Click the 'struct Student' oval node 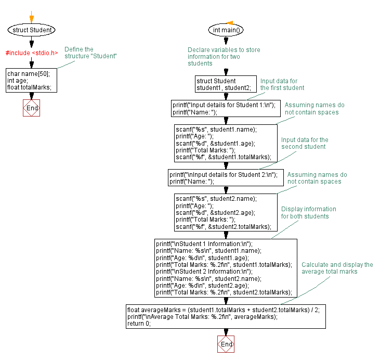tap(32, 30)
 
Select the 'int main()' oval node tap(226, 30)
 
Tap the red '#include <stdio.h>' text tap(32, 53)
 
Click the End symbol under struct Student tap(32, 108)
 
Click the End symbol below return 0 tap(226, 344)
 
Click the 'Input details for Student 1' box tap(226, 109)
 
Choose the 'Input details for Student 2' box tap(226, 178)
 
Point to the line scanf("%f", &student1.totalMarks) tap(224, 157)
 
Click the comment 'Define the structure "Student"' tap(90, 53)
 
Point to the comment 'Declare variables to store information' tap(224, 57)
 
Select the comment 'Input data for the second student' tap(305, 143)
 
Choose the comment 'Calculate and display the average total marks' tap(337, 268)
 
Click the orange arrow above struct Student tap(32, 17)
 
